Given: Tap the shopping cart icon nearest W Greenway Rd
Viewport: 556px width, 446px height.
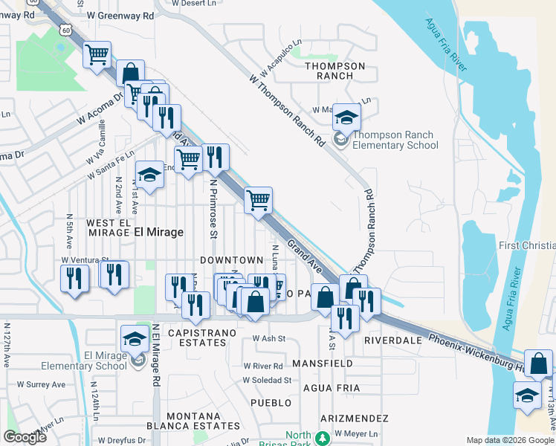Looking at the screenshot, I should pos(97,55).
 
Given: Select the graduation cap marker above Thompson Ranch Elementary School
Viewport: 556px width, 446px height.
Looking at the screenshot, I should pos(346,117).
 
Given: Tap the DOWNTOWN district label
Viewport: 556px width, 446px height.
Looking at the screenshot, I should pos(231,259).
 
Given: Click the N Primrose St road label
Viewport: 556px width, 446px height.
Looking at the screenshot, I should pos(213,210).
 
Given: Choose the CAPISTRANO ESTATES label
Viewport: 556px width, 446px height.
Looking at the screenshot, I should pos(197,337).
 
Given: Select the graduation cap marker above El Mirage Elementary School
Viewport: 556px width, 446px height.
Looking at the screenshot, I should pos(135,337).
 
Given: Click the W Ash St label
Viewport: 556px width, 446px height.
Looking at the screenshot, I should pos(268,338).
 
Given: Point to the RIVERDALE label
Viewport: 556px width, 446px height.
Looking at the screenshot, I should pos(393,340).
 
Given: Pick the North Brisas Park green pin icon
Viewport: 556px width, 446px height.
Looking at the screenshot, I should pos(323,438).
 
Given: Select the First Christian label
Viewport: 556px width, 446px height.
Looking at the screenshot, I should pos(528,246).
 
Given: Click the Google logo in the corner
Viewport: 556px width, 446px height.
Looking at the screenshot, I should pos(25,437).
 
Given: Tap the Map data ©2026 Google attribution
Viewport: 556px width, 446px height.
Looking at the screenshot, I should pos(510,440).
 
